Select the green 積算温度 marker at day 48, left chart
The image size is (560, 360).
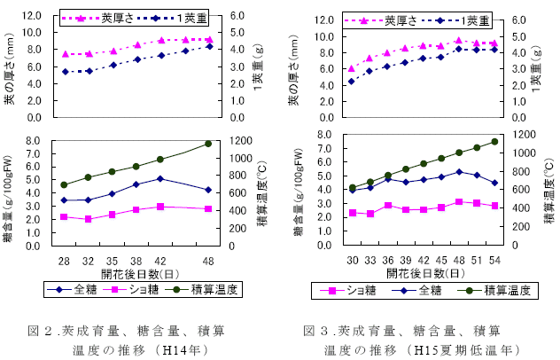click(208, 144)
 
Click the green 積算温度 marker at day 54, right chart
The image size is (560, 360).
click(494, 141)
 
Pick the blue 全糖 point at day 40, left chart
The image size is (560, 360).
click(160, 178)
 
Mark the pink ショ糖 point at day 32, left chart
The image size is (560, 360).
click(88, 219)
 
